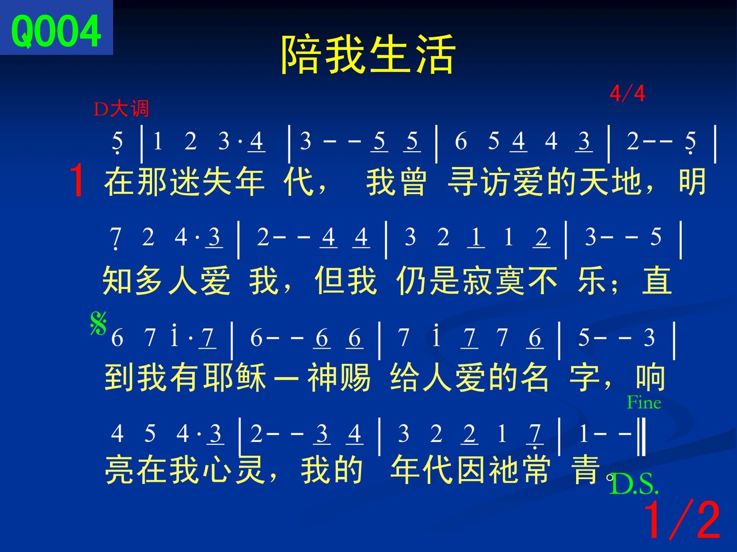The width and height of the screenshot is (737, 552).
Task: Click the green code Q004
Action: (x=56, y=31)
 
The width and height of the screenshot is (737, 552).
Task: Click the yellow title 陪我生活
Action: (x=368, y=54)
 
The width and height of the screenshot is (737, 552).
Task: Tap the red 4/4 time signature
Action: (x=627, y=94)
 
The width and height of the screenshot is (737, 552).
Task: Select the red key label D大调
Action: (x=121, y=108)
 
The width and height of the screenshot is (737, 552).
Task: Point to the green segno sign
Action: (x=99, y=323)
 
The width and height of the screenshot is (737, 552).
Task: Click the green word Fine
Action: (x=644, y=402)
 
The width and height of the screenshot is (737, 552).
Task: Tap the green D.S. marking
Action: (x=634, y=484)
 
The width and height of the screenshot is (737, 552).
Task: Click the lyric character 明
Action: (x=692, y=182)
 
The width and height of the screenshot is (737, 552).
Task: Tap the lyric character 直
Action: (x=657, y=281)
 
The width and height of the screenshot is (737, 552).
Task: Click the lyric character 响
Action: (x=651, y=377)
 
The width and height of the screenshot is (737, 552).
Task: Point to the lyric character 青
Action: (x=586, y=470)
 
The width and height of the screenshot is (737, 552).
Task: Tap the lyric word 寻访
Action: (x=480, y=182)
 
